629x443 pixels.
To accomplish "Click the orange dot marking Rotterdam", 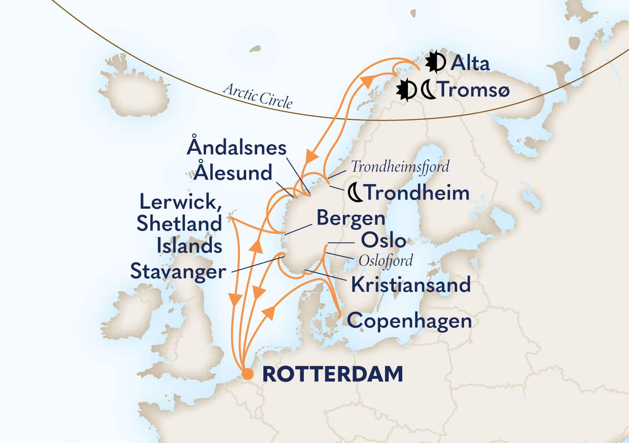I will point(248,374).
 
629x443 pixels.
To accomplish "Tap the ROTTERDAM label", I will point(333,374).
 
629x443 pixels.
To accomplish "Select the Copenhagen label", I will point(409,321).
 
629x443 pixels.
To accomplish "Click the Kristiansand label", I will point(411,285).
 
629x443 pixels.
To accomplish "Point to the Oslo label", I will point(383,241).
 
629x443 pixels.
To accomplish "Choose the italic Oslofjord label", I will point(386,261).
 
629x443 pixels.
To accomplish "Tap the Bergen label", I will point(350,218).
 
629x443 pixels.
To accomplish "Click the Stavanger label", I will point(178,271).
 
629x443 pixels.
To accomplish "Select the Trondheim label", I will point(417,192).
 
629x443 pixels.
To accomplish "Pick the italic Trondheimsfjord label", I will point(400,167).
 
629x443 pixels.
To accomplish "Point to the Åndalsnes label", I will point(236,148).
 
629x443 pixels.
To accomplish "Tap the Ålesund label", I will point(233,173).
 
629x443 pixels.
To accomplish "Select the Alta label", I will point(470,63).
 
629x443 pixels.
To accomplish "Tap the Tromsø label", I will point(474,90).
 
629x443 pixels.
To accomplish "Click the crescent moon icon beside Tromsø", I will point(428,90).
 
